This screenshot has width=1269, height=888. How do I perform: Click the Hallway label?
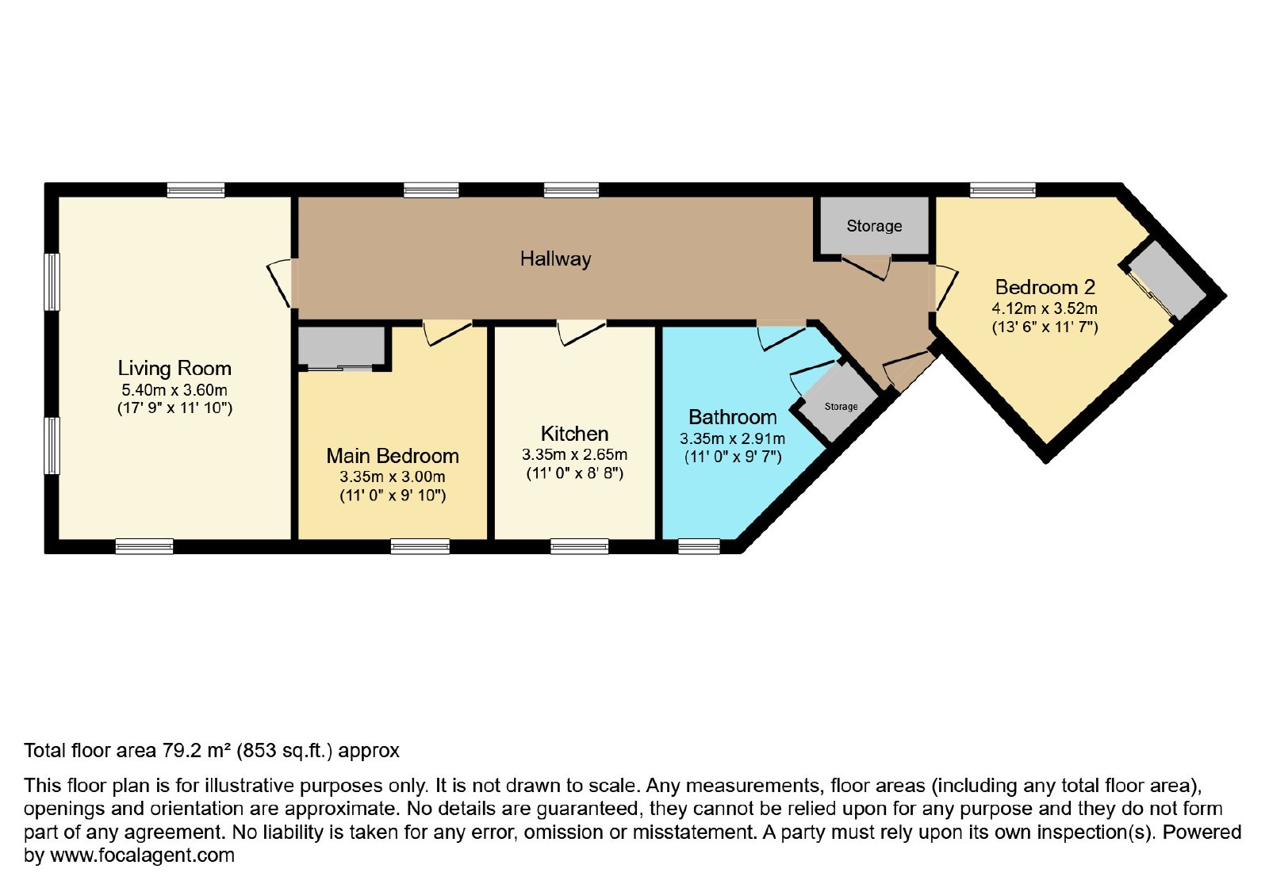tap(555, 259)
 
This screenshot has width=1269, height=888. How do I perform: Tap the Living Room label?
tap(174, 368)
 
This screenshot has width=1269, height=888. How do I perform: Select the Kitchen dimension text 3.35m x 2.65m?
tap(574, 454)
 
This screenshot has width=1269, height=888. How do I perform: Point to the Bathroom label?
tap(733, 417)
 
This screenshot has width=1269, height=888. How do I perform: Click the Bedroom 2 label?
tap(1045, 287)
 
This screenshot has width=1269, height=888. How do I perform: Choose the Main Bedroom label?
tap(393, 456)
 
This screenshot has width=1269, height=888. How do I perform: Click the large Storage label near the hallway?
tap(874, 226)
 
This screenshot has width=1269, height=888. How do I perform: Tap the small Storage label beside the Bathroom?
tap(841, 407)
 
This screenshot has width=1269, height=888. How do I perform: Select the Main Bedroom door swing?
tap(447, 333)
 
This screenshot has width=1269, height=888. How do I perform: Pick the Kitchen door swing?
tap(582, 333)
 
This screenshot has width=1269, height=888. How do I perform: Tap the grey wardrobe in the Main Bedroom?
tap(342, 346)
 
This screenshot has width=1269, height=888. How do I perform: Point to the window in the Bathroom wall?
tap(699, 546)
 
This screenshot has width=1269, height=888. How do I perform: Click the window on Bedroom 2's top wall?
tap(1003, 189)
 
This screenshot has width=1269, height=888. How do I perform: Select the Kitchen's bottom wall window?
tap(580, 546)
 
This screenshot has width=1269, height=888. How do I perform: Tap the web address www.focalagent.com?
tap(142, 855)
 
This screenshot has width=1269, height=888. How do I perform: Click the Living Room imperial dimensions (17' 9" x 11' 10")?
tap(174, 408)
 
